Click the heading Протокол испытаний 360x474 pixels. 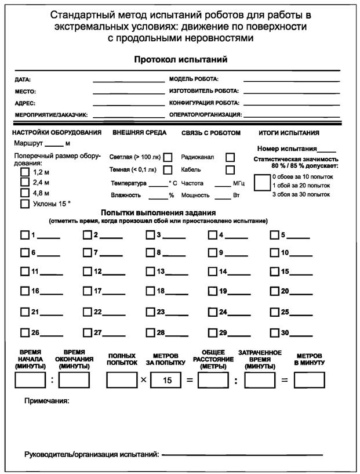click(180, 59)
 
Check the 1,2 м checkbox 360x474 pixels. click(25, 172)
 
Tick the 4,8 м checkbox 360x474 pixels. click(25, 193)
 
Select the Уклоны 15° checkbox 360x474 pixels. click(25, 204)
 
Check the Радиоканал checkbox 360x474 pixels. click(230, 157)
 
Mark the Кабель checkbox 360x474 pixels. click(230, 170)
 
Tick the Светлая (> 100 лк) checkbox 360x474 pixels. click(168, 157)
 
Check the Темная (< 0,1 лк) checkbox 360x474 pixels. click(168, 170)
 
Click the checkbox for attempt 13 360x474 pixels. click(150, 271)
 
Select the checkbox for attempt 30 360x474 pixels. click(275, 332)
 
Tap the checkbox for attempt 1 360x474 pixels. click(25, 234)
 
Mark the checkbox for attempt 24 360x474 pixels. click(213, 312)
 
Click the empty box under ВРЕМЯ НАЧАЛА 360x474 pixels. click(30, 380)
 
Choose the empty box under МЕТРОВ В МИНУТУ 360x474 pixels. click(309, 380)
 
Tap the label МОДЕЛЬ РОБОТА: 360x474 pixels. click(194, 79)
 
